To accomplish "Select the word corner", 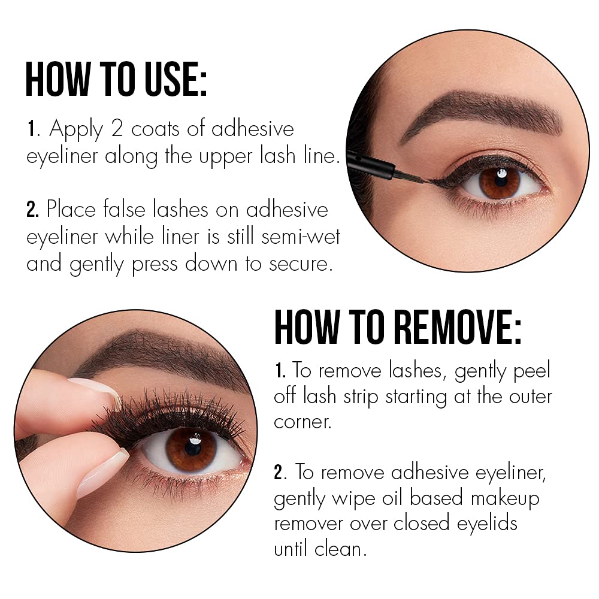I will [303, 421].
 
